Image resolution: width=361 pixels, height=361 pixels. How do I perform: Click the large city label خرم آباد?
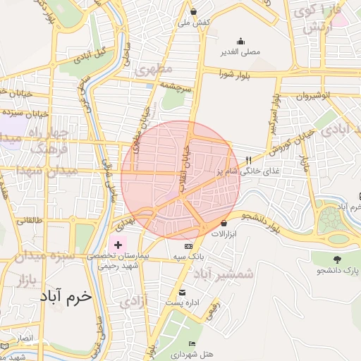[x=63, y=295]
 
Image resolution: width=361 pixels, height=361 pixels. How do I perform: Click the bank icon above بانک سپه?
[x=188, y=246]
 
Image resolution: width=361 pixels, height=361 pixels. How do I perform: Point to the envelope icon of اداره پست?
[x=183, y=292]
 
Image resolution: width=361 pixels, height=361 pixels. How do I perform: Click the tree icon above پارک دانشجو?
[x=336, y=259]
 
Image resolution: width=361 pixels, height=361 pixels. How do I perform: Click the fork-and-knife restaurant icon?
[x=247, y=159]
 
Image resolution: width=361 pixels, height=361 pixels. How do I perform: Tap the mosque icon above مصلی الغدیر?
[x=241, y=41]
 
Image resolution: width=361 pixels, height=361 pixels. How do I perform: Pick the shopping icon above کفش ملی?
[x=193, y=12]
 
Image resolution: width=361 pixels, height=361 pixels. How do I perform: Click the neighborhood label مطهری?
[x=153, y=70]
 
